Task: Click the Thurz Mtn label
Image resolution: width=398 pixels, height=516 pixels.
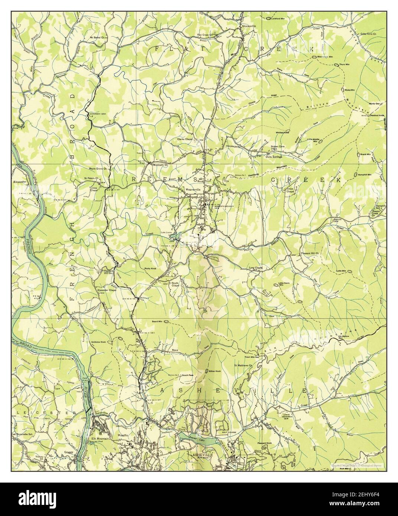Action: [x=345, y=64]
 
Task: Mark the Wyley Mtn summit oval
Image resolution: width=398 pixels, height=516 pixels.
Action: [x=341, y=90]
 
